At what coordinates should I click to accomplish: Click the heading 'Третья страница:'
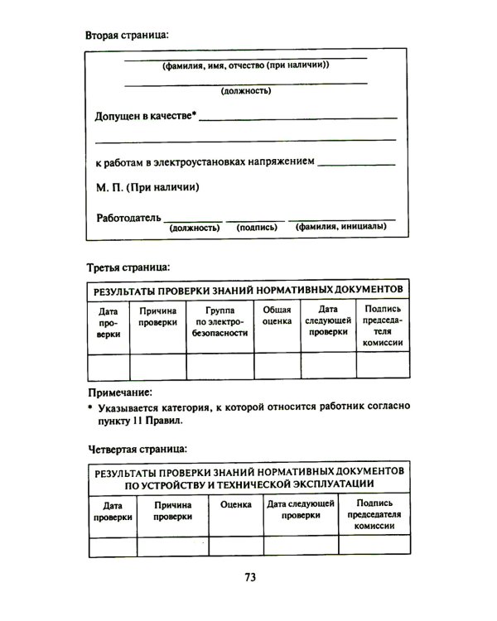(x=128, y=267)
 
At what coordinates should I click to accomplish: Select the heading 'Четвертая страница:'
(x=137, y=449)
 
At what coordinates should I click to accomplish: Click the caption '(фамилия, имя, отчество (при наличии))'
(x=246, y=65)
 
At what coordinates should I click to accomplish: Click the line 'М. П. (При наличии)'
(x=147, y=187)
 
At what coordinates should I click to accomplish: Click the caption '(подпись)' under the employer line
(x=256, y=226)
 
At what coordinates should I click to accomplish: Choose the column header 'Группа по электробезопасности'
(x=220, y=321)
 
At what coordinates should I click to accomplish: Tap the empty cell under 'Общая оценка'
(x=277, y=365)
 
